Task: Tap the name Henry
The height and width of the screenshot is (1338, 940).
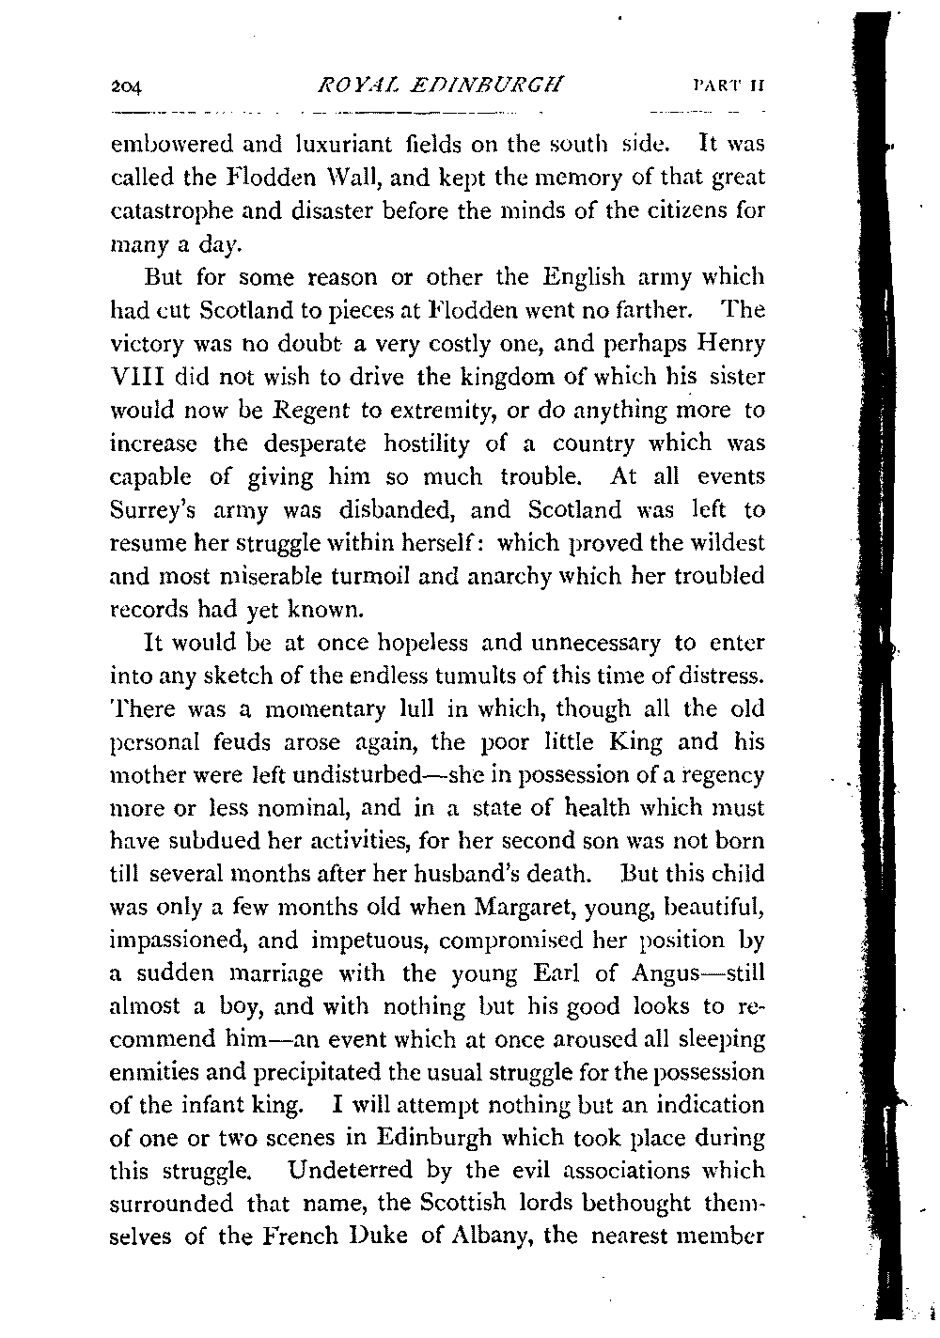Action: (731, 343)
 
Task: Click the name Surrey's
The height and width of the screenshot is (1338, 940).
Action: (156, 511)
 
